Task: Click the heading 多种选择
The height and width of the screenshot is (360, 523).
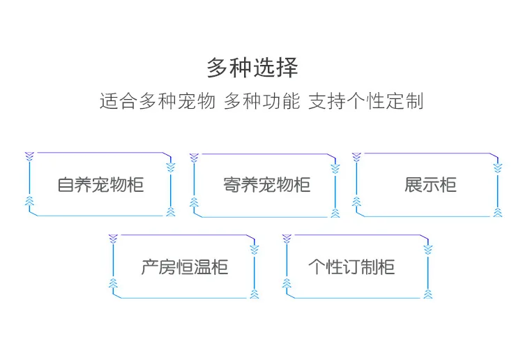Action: [x=252, y=68]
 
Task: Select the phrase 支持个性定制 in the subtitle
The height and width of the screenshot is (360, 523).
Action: [x=365, y=102]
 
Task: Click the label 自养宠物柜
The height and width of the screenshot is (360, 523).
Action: [x=100, y=185]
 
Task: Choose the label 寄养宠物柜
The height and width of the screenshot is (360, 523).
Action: [x=266, y=185]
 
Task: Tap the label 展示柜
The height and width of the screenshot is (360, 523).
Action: [x=430, y=185]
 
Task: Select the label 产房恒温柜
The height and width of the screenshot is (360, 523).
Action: [x=184, y=267]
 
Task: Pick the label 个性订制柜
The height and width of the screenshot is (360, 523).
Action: [x=351, y=267]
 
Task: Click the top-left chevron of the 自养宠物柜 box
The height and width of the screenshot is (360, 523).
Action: [x=29, y=156]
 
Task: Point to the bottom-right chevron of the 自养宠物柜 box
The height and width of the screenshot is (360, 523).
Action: [x=170, y=211]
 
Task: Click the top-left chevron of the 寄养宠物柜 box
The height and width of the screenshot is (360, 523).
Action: [x=194, y=157]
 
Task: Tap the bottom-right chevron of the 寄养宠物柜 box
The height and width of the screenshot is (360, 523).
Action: [x=335, y=212]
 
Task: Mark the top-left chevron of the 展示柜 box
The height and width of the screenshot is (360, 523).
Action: [x=356, y=156]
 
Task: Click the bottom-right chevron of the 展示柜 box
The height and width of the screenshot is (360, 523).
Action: [x=498, y=211]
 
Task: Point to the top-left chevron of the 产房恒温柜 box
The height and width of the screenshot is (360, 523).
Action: [x=112, y=239]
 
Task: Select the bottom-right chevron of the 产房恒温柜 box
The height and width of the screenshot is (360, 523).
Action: [x=254, y=294]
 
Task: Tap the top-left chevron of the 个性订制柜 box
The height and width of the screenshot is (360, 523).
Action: [x=286, y=239]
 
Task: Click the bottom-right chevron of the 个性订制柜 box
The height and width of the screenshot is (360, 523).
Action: [x=427, y=294]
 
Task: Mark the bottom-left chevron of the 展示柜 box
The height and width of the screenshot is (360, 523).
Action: [x=356, y=202]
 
